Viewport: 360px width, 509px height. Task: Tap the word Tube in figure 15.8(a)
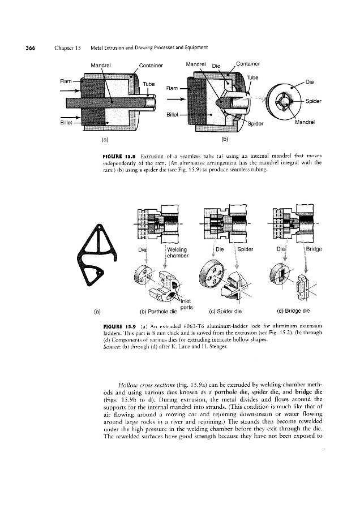[x=149, y=84]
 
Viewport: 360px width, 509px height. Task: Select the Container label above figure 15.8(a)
[x=150, y=65]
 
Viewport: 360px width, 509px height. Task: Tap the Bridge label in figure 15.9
[x=314, y=247]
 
